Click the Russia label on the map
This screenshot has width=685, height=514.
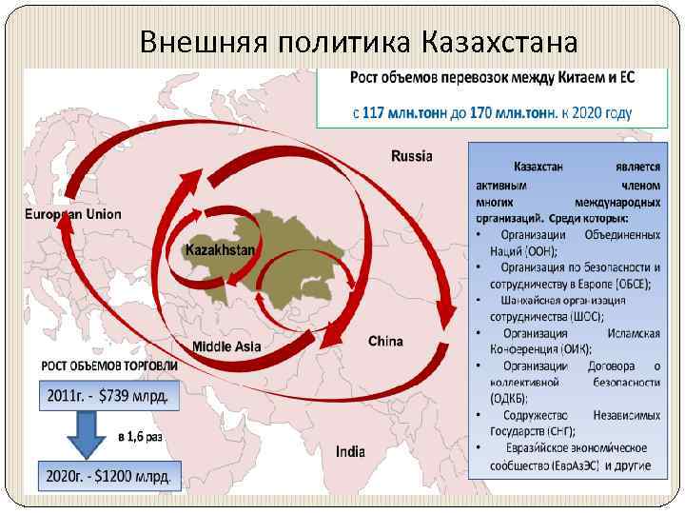click(x=412, y=156)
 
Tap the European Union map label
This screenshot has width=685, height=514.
click(x=73, y=214)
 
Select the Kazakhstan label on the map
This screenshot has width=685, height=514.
click(x=220, y=249)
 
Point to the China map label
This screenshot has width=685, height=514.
click(x=385, y=341)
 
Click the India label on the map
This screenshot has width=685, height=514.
click(x=350, y=451)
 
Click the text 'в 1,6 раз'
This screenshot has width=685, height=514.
click(x=140, y=436)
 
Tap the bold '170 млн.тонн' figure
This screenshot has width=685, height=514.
click(x=512, y=112)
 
